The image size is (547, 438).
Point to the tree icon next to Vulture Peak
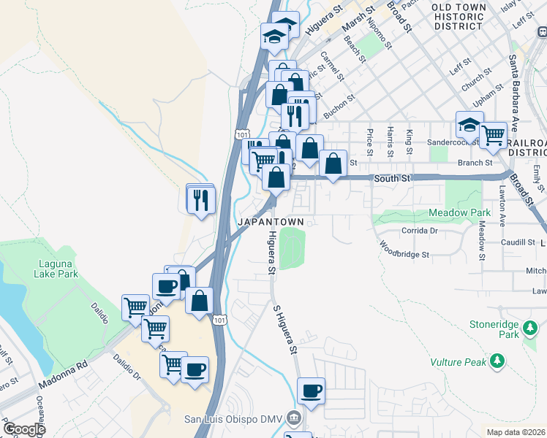[497, 361]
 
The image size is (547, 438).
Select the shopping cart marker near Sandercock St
[494, 134]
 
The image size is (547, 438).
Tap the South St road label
[393, 178]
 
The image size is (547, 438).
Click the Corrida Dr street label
[419, 230]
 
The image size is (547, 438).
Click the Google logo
[24, 429]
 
